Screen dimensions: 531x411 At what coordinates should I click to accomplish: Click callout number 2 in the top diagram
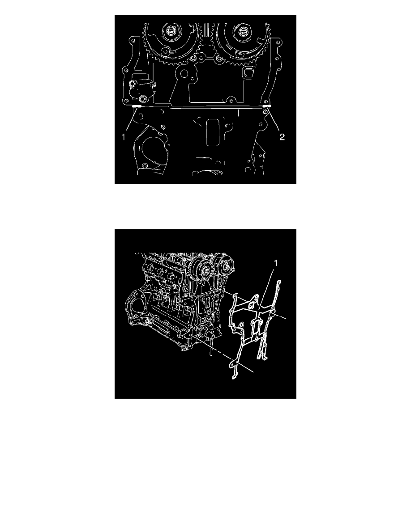coord(282,137)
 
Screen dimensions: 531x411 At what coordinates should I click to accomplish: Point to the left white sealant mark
coord(137,106)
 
